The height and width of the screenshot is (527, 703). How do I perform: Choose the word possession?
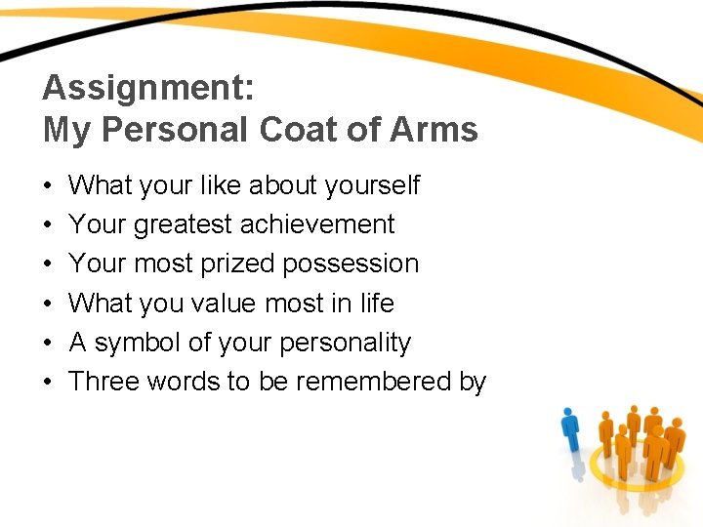coord(355,263)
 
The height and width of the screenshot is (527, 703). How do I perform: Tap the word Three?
coord(104,382)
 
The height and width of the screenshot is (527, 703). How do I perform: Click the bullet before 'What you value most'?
coord(48,304)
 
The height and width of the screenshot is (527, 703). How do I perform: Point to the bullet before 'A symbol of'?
coord(48,344)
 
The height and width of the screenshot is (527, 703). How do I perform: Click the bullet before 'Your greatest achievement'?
coord(48,225)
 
